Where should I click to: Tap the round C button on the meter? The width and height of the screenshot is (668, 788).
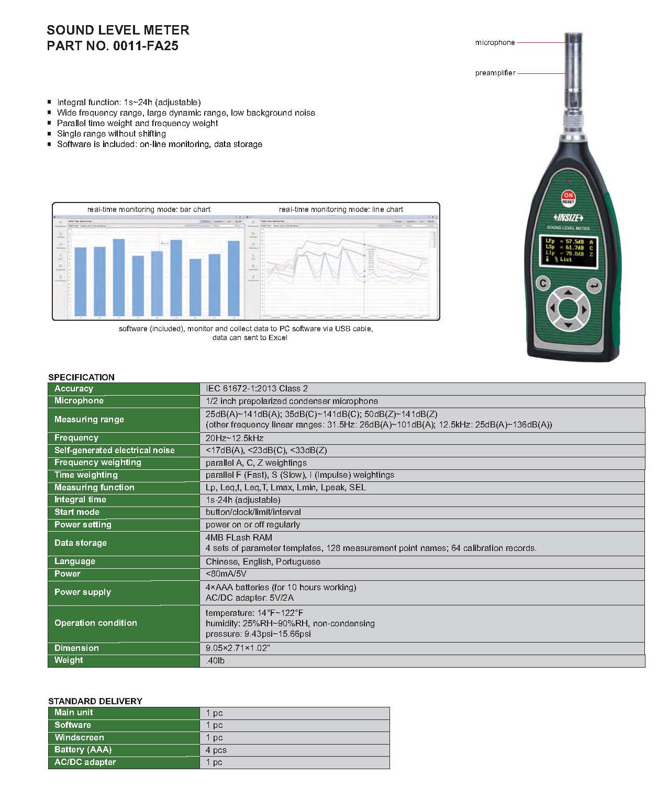click(x=543, y=284)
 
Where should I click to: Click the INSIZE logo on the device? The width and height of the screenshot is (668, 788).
click(x=568, y=218)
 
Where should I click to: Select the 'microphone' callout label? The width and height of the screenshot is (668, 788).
click(x=495, y=42)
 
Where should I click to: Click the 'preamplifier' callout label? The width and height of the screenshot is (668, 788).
click(x=495, y=73)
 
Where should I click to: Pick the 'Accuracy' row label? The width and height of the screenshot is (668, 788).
click(x=74, y=389)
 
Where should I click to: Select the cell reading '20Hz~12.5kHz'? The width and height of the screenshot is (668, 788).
click(x=235, y=438)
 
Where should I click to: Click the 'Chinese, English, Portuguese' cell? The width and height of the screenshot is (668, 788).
click(x=263, y=561)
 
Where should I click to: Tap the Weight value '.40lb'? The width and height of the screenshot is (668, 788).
click(x=215, y=661)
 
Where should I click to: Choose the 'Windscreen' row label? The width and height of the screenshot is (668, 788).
click(x=79, y=737)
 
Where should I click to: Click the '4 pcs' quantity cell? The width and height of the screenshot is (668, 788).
click(x=216, y=750)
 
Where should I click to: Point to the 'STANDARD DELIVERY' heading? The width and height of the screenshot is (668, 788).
click(x=95, y=701)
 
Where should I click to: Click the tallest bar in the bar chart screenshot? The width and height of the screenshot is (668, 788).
click(x=119, y=277)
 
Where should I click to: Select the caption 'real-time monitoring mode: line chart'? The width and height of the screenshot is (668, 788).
click(x=341, y=209)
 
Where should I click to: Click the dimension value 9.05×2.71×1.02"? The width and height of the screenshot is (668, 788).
click(x=238, y=648)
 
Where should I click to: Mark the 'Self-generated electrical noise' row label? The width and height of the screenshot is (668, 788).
click(x=115, y=451)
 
